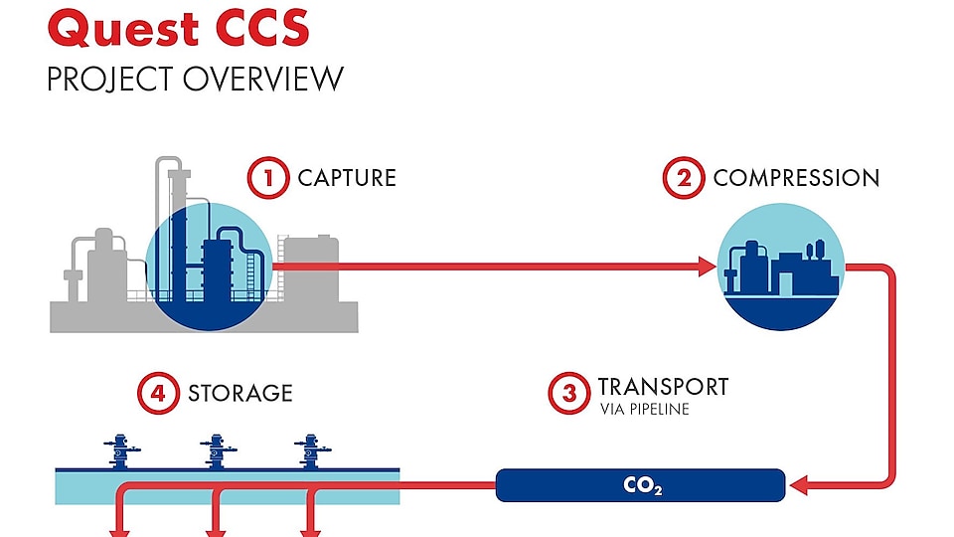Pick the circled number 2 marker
tap(684, 179)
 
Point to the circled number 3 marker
tap(568, 393)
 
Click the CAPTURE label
tap(347, 179)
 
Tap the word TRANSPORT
tap(663, 386)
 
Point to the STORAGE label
tap(240, 393)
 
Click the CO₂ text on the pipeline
tap(642, 487)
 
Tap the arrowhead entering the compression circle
tap(707, 266)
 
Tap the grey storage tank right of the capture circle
tap(309, 268)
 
